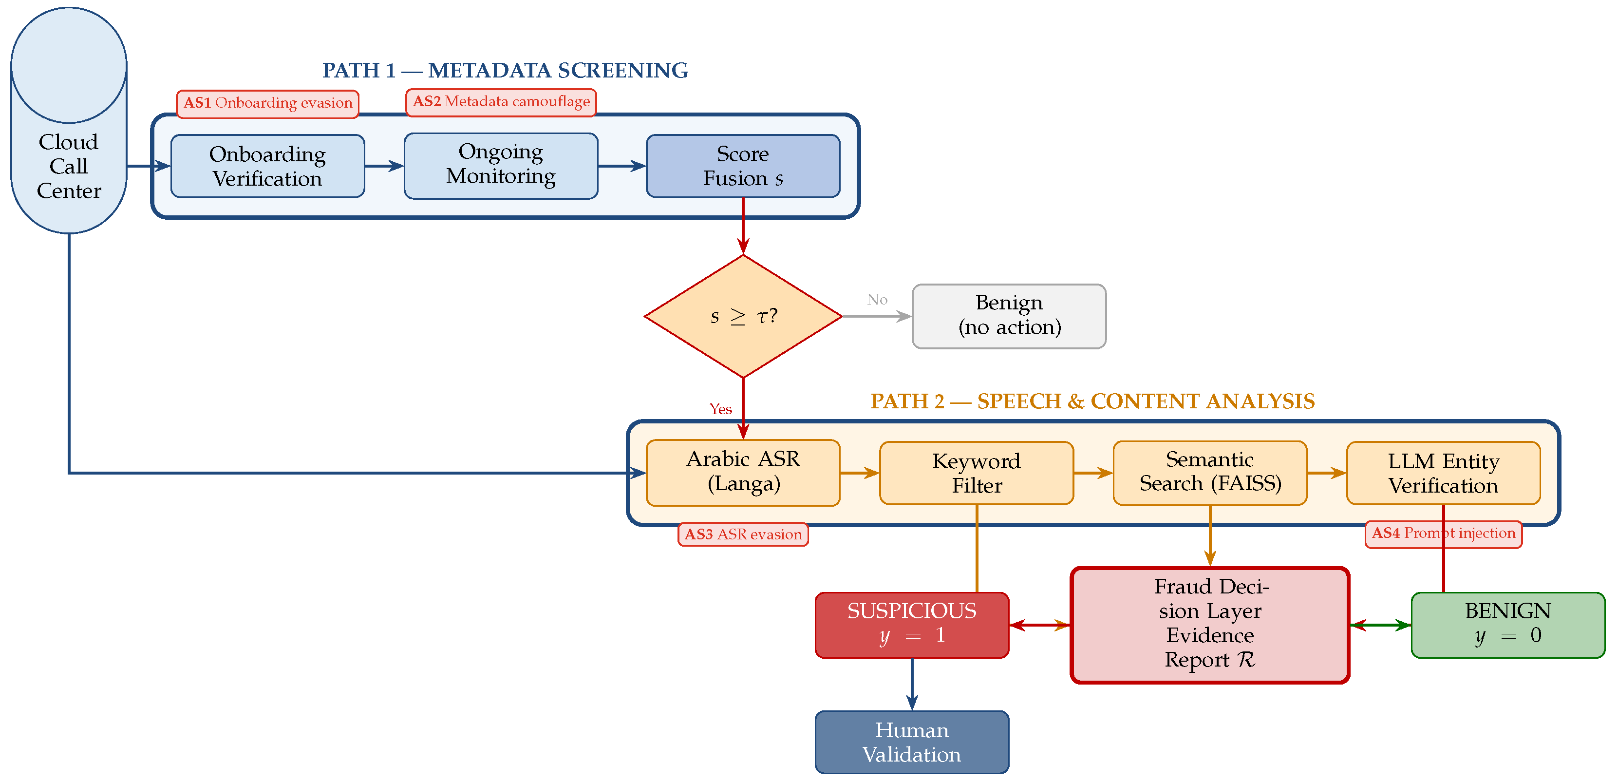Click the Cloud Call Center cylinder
click(x=69, y=121)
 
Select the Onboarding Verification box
click(x=267, y=166)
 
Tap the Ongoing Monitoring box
click(x=501, y=166)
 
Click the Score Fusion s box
click(x=743, y=166)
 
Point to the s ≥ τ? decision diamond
click(x=743, y=316)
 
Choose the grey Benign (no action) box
click(x=1009, y=316)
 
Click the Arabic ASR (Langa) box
click(x=743, y=472)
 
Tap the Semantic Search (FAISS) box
click(x=1210, y=472)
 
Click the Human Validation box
click(x=912, y=742)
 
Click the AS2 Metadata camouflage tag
click(x=501, y=102)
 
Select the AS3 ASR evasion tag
click(x=743, y=534)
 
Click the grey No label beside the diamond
click(x=877, y=300)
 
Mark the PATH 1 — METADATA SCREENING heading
click(x=505, y=70)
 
